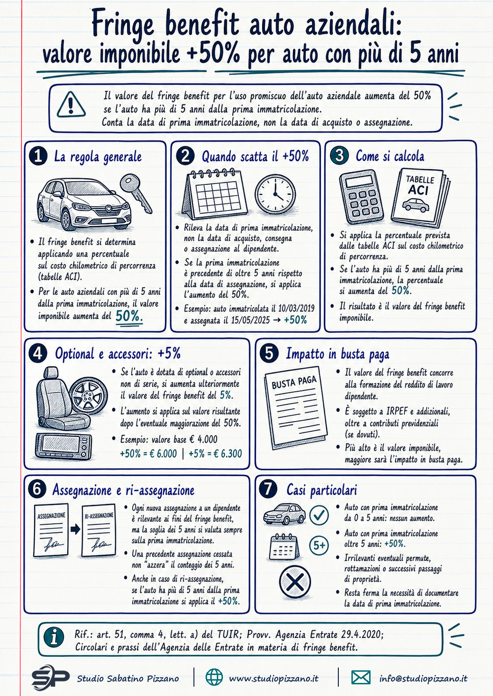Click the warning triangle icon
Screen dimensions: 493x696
click(x=71, y=105)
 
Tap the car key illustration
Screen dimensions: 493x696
click(x=136, y=193)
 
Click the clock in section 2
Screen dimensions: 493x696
click(x=275, y=194)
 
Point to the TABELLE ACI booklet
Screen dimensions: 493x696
click(x=420, y=197)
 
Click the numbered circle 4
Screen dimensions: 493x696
click(x=38, y=353)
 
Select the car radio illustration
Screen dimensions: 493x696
click(x=64, y=446)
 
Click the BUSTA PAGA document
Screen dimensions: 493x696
click(x=295, y=408)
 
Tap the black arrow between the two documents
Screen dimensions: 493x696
click(x=75, y=529)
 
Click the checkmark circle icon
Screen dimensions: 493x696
click(x=319, y=515)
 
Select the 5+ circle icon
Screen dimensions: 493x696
click(x=319, y=545)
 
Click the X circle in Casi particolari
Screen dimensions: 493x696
click(x=295, y=582)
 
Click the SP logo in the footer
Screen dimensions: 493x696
click(x=50, y=678)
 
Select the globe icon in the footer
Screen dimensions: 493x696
click(x=214, y=678)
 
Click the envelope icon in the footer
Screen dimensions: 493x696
click(x=361, y=678)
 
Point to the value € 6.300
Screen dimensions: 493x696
click(x=227, y=454)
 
